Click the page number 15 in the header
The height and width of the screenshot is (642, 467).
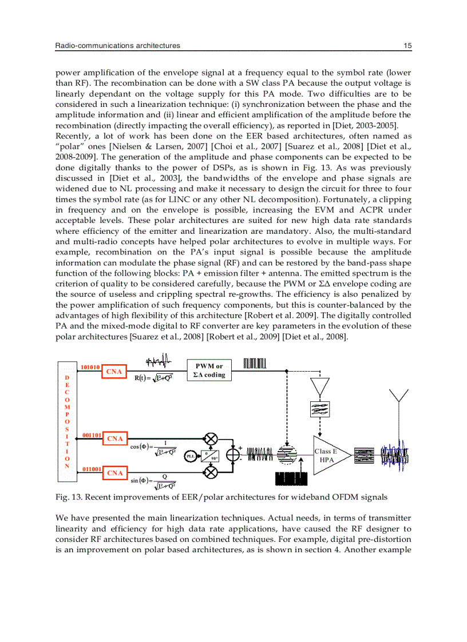pos(407,45)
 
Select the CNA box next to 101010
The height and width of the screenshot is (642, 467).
pos(115,372)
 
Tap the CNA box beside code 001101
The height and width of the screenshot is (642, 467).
pos(115,438)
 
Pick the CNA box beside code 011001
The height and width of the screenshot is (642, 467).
pos(115,473)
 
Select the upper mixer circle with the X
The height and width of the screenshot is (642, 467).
pos(211,439)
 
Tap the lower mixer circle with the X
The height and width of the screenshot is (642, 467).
pos(211,472)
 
